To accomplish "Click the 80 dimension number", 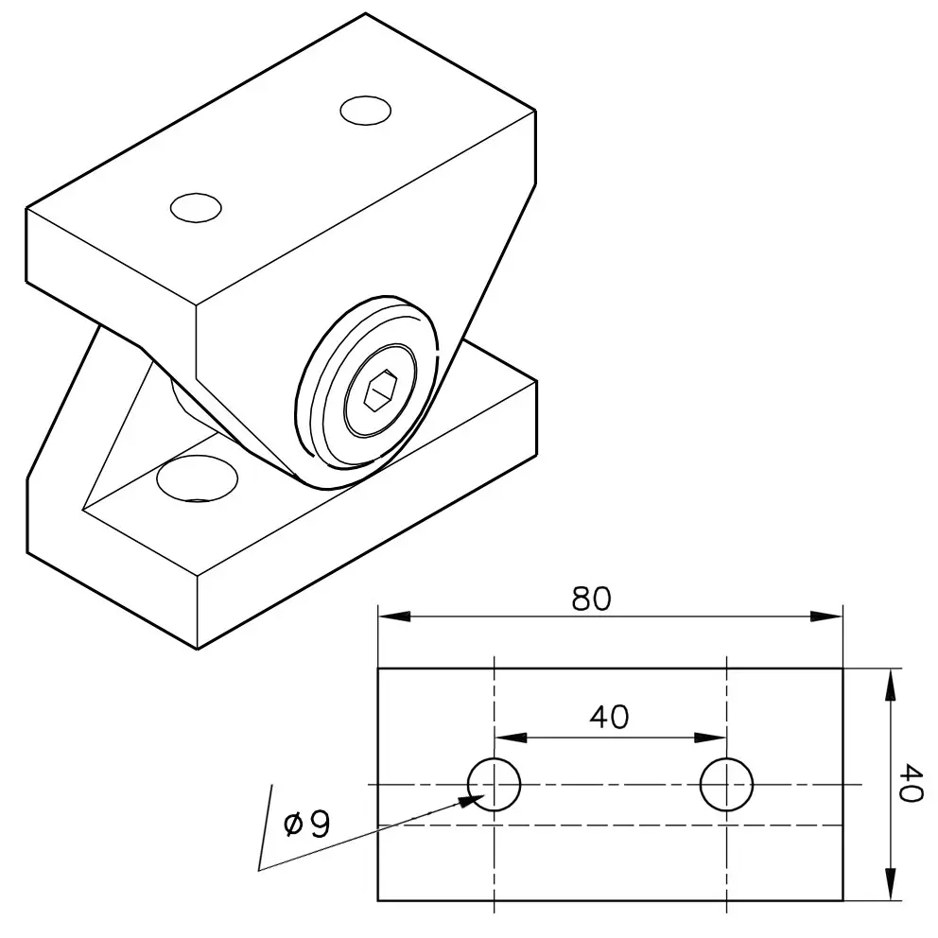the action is [591, 599].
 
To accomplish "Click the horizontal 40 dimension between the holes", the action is [609, 718].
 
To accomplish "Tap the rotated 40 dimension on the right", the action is [910, 783].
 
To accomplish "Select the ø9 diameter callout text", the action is [307, 825].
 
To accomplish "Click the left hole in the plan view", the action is [495, 784].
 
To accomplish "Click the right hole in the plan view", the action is [726, 784].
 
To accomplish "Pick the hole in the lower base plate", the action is [197, 478].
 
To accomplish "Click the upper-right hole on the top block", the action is [366, 110].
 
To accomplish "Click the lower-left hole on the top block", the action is [197, 208].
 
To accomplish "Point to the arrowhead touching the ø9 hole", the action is [472, 800].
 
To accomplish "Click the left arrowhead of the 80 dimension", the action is [394, 617].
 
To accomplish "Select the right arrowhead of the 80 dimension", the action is [826, 617].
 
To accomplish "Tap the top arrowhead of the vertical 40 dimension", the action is [891, 685].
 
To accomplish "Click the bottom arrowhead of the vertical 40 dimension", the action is [891, 883].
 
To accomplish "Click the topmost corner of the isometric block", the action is [365, 12].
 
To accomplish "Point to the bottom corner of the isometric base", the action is [198, 649].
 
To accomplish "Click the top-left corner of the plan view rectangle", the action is [378, 669].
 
